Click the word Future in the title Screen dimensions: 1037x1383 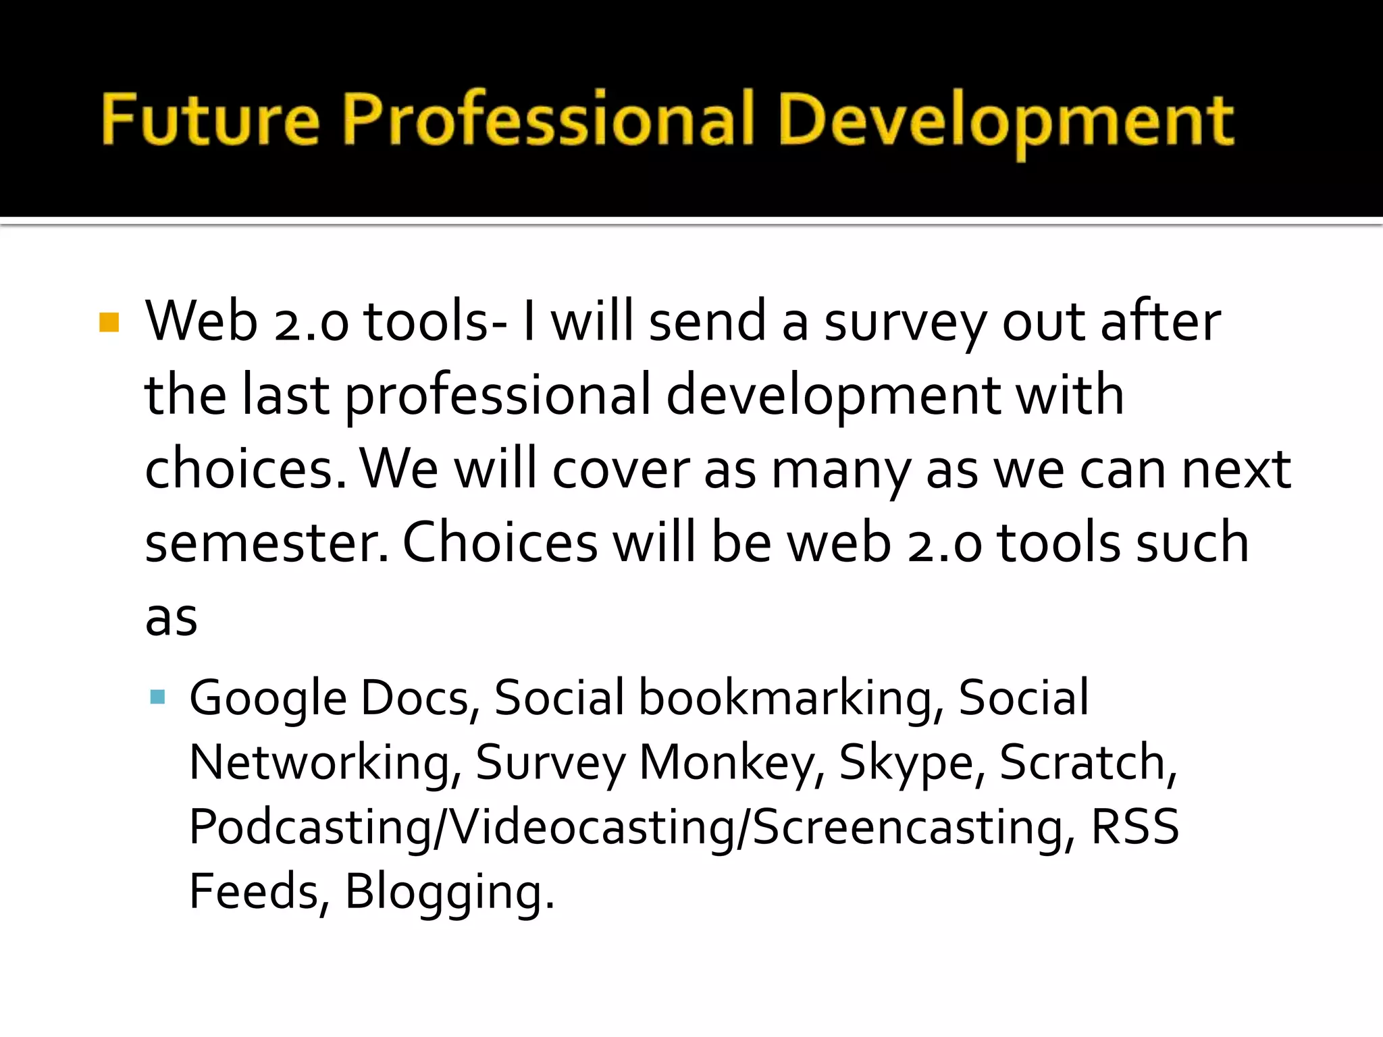point(210,120)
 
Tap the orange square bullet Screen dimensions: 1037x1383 point(109,322)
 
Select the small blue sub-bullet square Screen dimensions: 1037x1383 point(158,697)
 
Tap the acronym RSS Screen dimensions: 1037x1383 point(1134,826)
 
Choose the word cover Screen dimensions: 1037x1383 point(621,469)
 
